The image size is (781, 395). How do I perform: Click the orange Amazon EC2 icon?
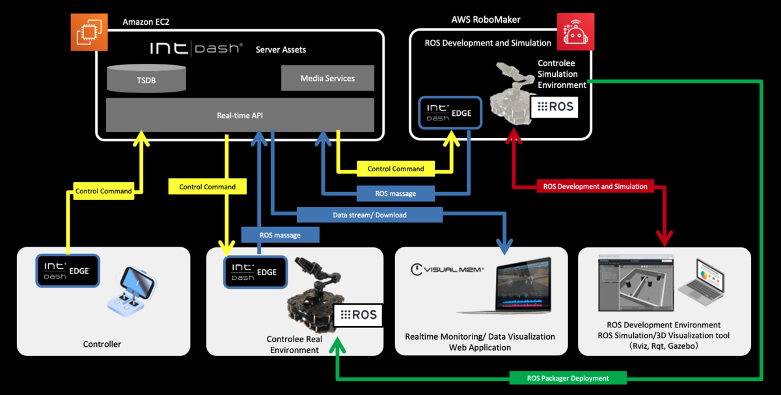point(89,31)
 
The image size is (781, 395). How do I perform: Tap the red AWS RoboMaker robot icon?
point(575,32)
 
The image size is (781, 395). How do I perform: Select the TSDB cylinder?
point(146,79)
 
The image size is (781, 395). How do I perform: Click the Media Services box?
point(327,78)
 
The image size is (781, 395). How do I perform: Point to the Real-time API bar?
point(240,116)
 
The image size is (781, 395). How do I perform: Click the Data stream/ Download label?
point(369,215)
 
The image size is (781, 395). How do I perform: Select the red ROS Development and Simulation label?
point(595,186)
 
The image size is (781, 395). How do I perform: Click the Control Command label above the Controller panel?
point(104,191)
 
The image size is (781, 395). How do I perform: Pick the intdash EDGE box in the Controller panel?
point(67,271)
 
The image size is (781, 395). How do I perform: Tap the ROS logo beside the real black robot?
point(357,315)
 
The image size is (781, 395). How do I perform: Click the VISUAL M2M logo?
point(448,269)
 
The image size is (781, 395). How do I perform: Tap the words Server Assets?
point(281,49)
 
